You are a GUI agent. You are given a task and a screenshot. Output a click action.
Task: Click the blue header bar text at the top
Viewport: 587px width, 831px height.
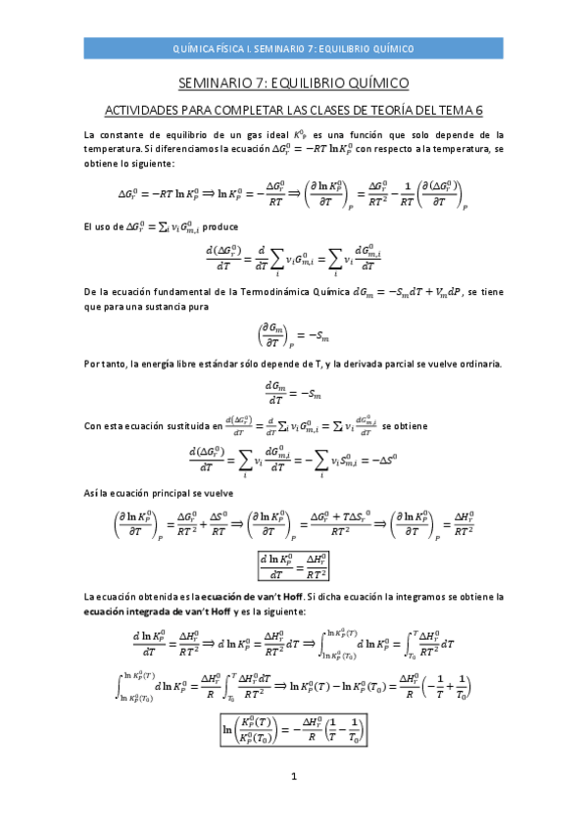293,47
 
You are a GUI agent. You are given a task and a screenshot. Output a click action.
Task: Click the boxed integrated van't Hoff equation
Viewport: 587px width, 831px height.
293,730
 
